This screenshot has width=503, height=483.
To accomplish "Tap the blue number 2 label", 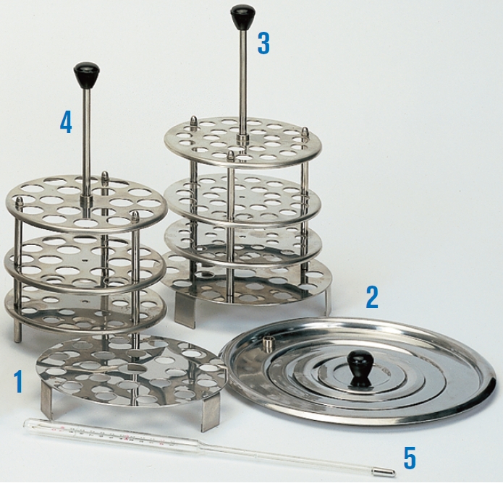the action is click(372, 298).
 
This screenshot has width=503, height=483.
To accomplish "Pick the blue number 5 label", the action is click(410, 458).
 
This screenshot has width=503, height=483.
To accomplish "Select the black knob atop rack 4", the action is click(87, 75).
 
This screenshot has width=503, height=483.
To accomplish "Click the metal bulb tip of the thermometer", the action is click(389, 471).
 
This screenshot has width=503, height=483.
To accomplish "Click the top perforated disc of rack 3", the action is click(243, 141).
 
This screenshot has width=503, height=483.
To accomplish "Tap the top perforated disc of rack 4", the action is click(87, 202).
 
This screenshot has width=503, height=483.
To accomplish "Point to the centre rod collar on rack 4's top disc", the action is click(86, 200).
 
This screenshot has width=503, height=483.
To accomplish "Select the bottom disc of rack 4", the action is click(85, 308).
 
